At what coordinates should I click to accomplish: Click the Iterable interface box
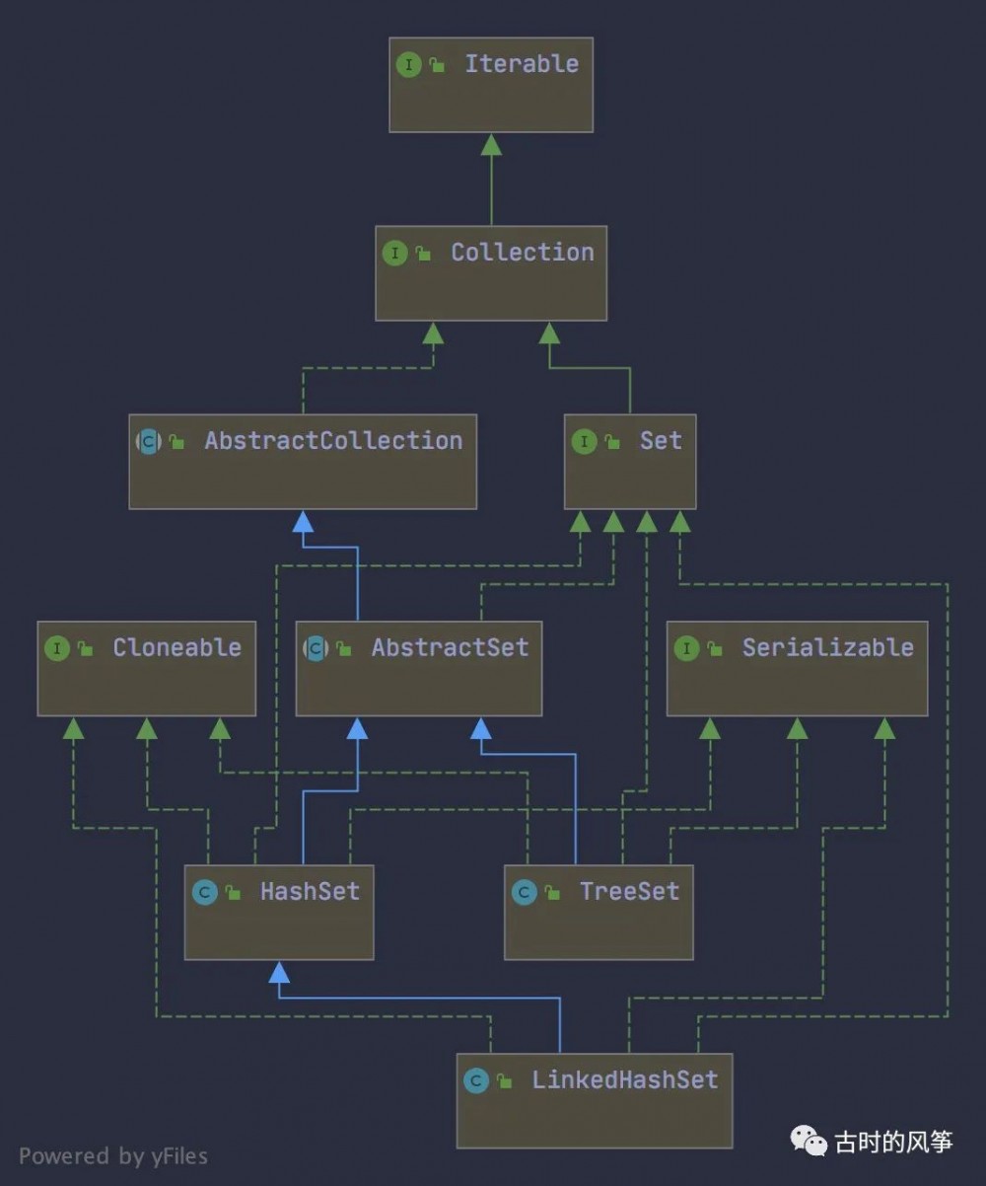click(491, 85)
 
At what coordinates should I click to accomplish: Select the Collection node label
click(522, 253)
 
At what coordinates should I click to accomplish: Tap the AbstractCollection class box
click(303, 462)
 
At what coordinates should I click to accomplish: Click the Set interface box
click(630, 462)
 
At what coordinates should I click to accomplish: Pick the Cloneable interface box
click(146, 669)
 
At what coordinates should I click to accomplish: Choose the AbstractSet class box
click(418, 669)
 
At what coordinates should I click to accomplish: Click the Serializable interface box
click(797, 669)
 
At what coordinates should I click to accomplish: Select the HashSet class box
click(279, 913)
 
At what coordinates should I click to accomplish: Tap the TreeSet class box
click(599, 913)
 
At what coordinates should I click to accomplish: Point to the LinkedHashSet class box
click(595, 1101)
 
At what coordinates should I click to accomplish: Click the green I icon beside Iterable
click(408, 65)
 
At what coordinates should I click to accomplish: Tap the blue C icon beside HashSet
click(204, 893)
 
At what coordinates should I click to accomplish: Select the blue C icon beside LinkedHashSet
click(476, 1081)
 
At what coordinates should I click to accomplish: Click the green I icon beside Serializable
click(686, 648)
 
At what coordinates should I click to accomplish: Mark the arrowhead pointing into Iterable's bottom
click(491, 145)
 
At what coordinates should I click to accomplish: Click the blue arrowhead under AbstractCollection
click(303, 522)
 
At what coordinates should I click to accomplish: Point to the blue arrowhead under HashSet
click(280, 973)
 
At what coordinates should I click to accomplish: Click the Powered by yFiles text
click(113, 1155)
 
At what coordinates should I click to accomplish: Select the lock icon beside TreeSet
click(552, 894)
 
